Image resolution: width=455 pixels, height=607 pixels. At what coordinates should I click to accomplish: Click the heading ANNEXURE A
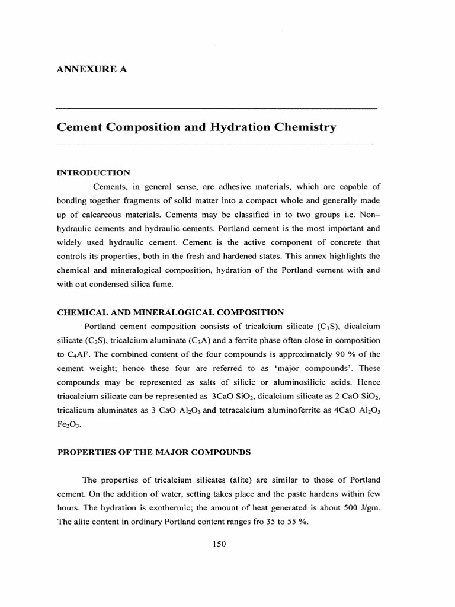92,69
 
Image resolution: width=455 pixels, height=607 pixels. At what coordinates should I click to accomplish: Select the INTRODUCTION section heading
93,172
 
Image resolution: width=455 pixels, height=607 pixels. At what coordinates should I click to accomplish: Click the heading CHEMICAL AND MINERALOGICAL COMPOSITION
170,312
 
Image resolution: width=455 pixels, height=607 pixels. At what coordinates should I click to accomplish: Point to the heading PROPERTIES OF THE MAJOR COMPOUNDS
153,452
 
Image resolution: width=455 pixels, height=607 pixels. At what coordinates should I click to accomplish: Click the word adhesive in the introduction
224,187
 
